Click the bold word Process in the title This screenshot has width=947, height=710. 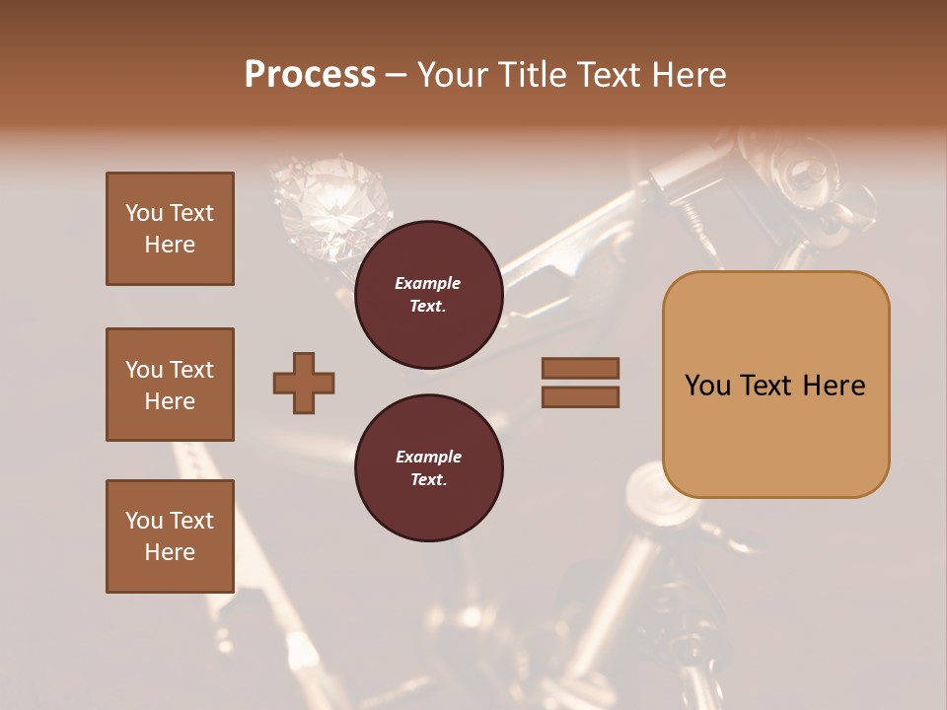click(310, 75)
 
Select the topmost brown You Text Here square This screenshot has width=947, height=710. click(170, 229)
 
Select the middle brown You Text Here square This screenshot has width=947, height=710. click(170, 385)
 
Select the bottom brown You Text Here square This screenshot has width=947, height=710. click(170, 536)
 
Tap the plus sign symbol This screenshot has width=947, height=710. click(304, 383)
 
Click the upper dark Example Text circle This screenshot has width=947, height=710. click(428, 295)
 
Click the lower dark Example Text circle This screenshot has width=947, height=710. click(428, 468)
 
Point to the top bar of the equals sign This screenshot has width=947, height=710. click(580, 368)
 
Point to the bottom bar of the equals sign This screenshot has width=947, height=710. click(580, 396)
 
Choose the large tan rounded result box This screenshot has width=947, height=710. click(775, 385)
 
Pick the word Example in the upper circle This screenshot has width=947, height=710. click(428, 283)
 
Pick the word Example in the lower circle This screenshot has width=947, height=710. click(428, 457)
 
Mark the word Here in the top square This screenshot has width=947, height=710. click(170, 245)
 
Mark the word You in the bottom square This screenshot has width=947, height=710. click(143, 521)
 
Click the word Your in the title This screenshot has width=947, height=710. click(452, 75)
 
